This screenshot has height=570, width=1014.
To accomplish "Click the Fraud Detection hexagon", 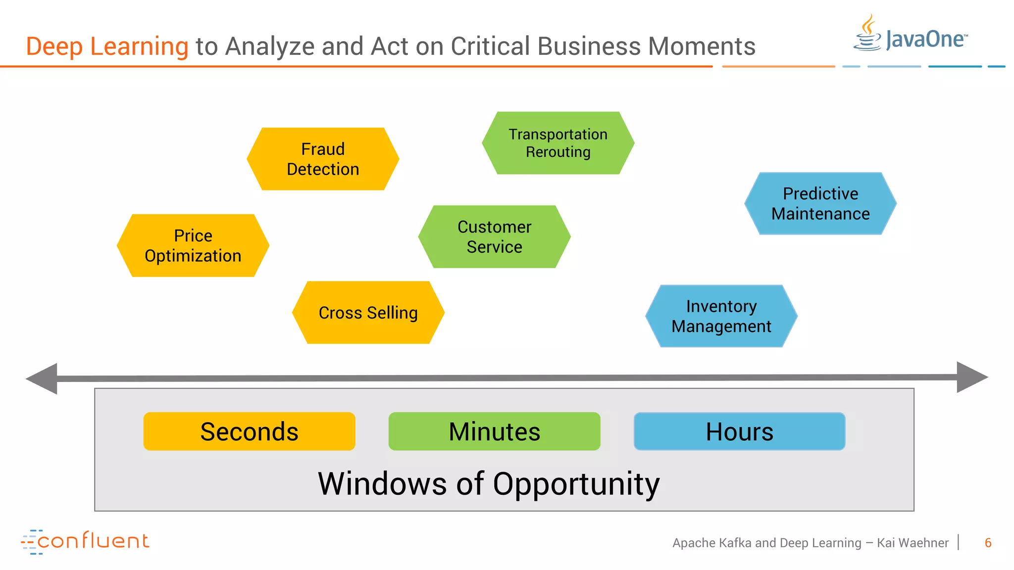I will pyautogui.click(x=323, y=159).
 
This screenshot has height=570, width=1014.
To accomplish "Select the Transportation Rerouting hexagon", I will pyautogui.click(x=558, y=143).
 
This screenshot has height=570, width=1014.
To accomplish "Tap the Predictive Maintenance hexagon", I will pyautogui.click(x=820, y=203).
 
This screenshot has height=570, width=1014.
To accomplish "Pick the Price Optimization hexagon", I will pyautogui.click(x=193, y=245).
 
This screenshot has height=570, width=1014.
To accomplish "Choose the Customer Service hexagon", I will pyautogui.click(x=494, y=237).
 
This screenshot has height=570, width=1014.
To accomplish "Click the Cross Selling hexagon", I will pyautogui.click(x=368, y=313).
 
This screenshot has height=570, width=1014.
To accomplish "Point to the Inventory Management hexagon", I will pyautogui.click(x=721, y=316).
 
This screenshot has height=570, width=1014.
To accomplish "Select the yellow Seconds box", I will pyautogui.click(x=249, y=431).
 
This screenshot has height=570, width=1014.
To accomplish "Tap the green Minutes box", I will pyautogui.click(x=494, y=431).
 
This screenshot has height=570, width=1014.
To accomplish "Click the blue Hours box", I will pyautogui.click(x=739, y=431).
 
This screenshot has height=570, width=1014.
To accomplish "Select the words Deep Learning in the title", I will pyautogui.click(x=107, y=47).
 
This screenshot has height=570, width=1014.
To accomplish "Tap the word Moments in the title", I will pyautogui.click(x=702, y=47).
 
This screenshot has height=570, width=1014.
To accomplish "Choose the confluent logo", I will pyautogui.click(x=85, y=541).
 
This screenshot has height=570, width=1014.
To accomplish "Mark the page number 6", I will pyautogui.click(x=988, y=543).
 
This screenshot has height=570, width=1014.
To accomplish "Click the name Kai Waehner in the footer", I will pyautogui.click(x=913, y=543).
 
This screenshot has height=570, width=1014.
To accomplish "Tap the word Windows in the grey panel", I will pyautogui.click(x=382, y=484).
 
